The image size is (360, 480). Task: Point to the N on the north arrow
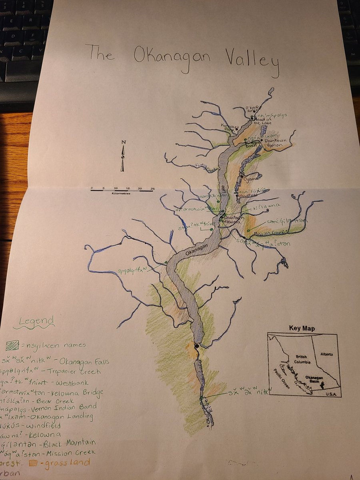pyautogui.click(x=124, y=142)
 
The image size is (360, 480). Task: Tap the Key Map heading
pyautogui.click(x=302, y=329)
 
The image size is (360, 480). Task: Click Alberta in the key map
pyautogui.click(x=328, y=354)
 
